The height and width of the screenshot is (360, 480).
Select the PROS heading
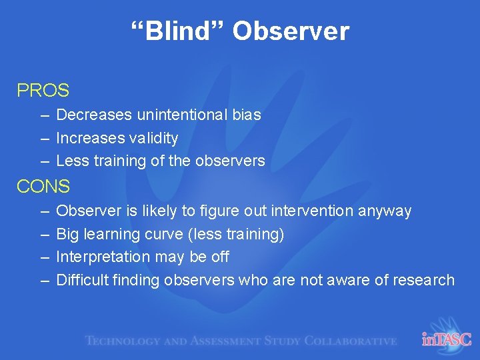[43, 90]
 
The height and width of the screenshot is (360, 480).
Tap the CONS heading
[43, 187]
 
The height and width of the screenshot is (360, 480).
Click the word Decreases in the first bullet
[94, 115]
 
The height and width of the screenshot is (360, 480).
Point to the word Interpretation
[103, 257]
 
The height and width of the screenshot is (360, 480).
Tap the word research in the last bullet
[422, 280]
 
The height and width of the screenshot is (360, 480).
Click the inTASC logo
[446, 339]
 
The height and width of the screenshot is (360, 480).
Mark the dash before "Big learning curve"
[44, 235]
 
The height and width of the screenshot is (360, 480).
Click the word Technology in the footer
[123, 341]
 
